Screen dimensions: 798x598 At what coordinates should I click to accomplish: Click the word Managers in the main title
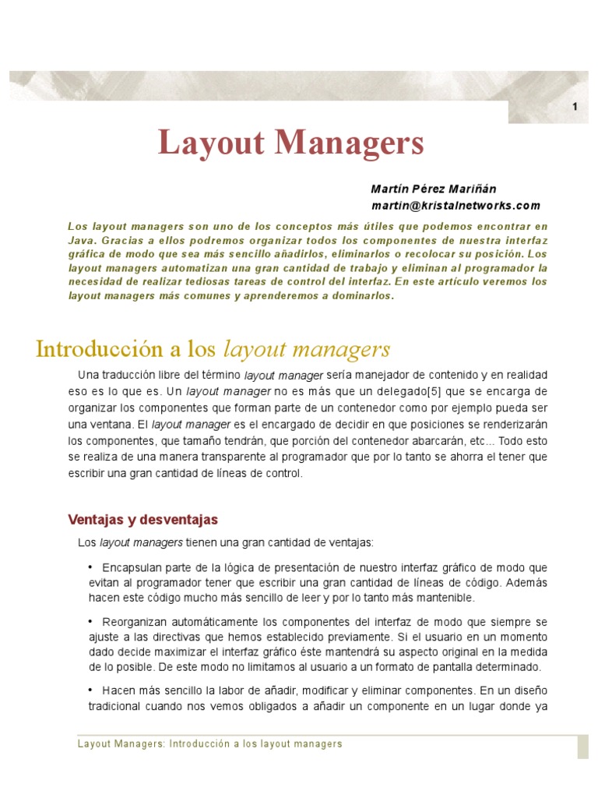[x=346, y=143]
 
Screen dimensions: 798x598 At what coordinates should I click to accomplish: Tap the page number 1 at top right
[x=575, y=108]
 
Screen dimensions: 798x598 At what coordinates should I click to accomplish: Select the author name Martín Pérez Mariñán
[x=433, y=189]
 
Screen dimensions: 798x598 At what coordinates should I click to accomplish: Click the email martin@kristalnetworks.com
[x=455, y=206]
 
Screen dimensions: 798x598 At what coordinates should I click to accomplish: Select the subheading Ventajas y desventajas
[x=143, y=519]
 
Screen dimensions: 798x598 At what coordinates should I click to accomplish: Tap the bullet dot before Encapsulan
[x=90, y=567]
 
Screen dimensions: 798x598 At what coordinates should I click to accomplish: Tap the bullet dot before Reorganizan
[x=90, y=621]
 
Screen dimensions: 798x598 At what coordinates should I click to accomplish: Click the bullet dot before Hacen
[x=90, y=690]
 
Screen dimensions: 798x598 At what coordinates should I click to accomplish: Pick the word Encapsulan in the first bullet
[x=132, y=567]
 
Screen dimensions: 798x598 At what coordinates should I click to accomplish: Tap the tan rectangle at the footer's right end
[x=582, y=746]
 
